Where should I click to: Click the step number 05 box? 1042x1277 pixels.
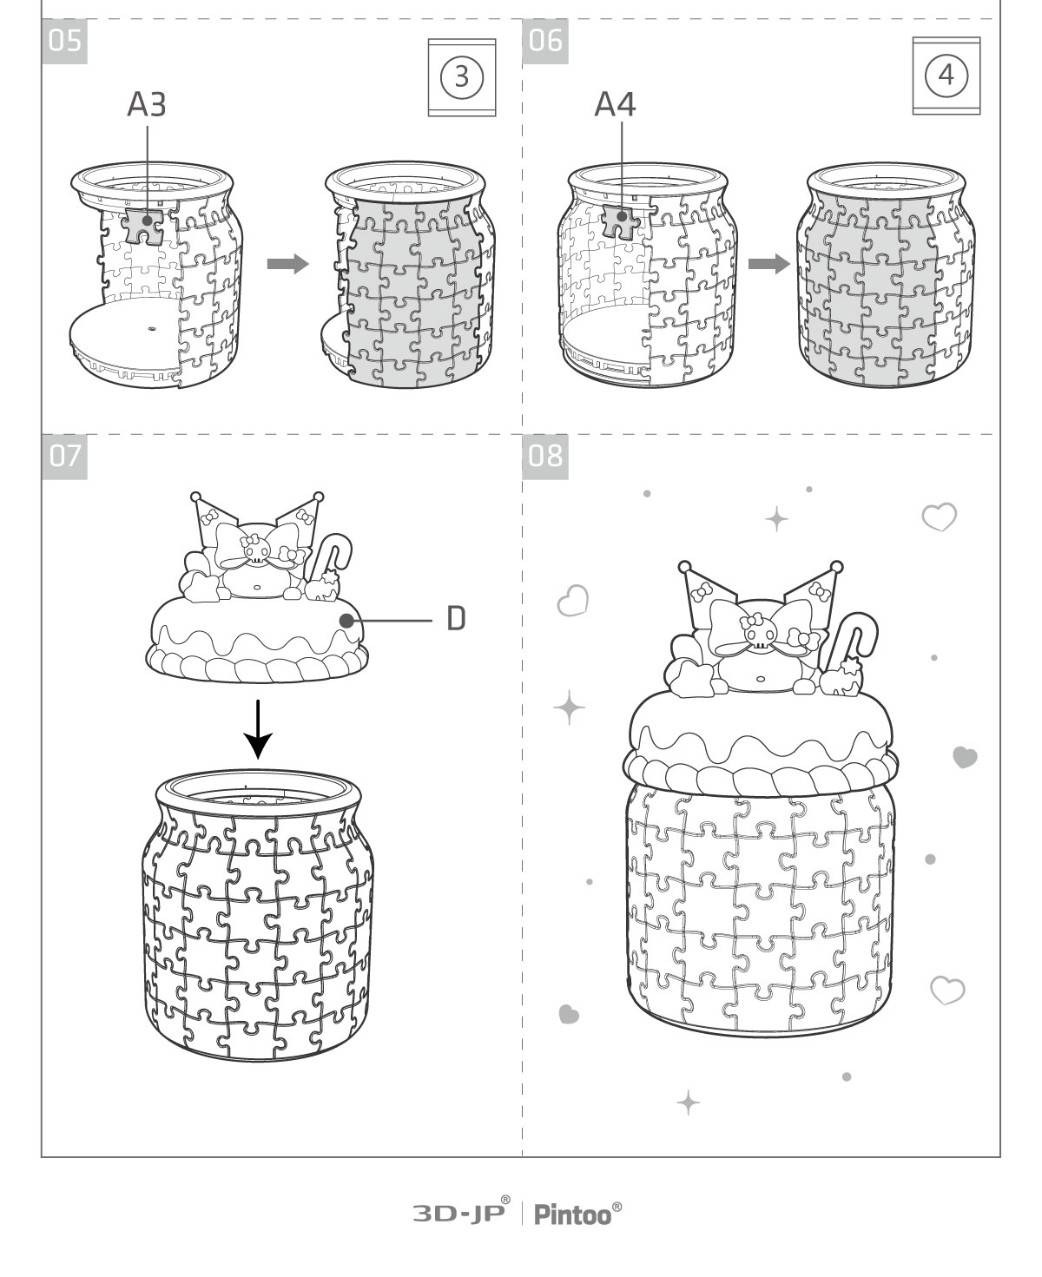click(x=64, y=41)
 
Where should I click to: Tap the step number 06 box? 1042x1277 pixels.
click(x=545, y=41)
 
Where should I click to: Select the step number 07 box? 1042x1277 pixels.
click(x=64, y=457)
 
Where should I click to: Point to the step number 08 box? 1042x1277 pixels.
click(x=545, y=457)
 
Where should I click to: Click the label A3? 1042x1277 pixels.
click(x=147, y=104)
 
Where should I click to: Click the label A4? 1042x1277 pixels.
click(x=615, y=104)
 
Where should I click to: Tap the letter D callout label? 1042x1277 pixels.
click(x=456, y=619)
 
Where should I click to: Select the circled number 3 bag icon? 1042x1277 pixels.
click(x=462, y=77)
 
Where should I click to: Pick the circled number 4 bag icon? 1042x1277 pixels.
click(x=946, y=76)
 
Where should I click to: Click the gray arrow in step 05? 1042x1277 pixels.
click(x=287, y=264)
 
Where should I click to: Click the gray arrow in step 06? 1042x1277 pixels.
click(x=768, y=264)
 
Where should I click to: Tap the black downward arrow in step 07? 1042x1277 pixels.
click(x=258, y=729)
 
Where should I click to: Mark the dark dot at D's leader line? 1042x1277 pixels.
click(x=346, y=621)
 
